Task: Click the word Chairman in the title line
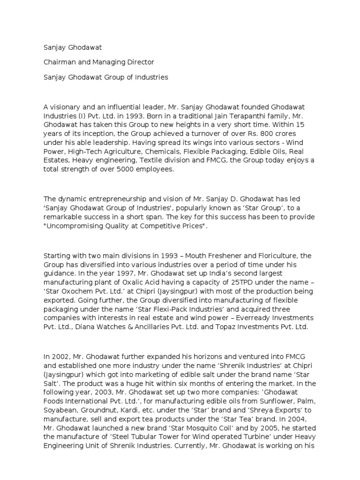coord(59,62)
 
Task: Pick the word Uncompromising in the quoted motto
coord(74,226)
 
